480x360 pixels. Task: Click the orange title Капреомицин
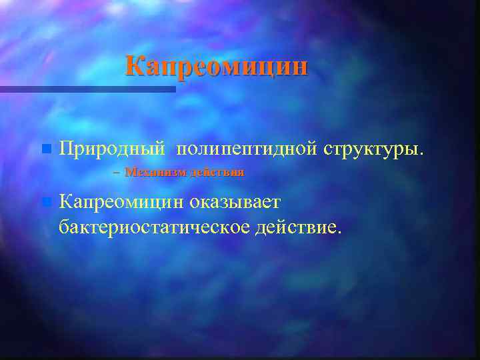click(217, 67)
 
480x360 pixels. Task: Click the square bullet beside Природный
click(45, 147)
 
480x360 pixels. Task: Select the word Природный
click(111, 148)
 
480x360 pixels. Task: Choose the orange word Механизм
click(155, 172)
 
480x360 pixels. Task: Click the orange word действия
click(217, 172)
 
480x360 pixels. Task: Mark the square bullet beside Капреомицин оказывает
click(45, 201)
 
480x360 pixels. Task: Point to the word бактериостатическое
click(155, 227)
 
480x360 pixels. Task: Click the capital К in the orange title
click(134, 67)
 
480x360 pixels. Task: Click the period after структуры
click(420, 153)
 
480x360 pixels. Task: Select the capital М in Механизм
click(129, 172)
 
